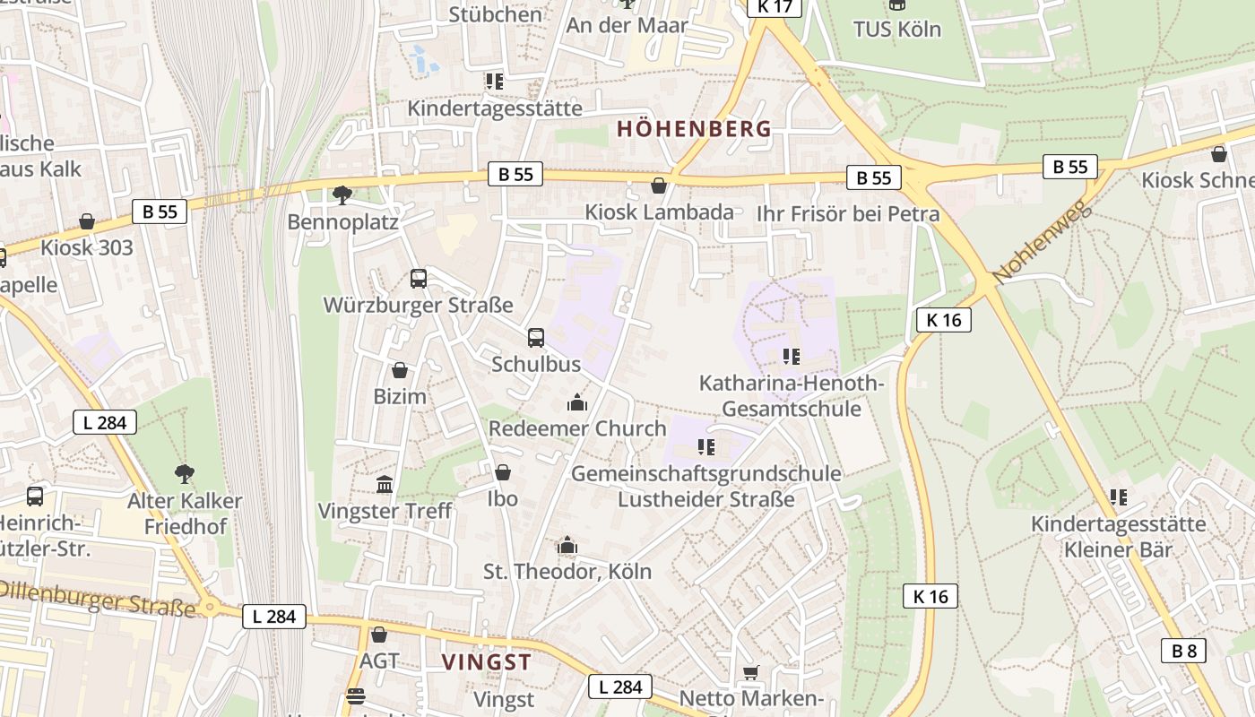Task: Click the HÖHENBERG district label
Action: pos(694,128)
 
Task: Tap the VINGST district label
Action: pos(487,662)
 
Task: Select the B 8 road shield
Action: pos(1183,651)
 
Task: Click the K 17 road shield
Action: pos(774,6)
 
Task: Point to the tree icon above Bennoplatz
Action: pos(342,194)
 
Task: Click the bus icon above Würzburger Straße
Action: pos(419,278)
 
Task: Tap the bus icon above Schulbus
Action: pos(535,338)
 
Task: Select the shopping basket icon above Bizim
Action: pos(400,369)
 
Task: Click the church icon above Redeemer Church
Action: pos(576,402)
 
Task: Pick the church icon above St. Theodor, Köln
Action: pos(567,545)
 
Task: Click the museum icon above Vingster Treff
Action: pos(385,485)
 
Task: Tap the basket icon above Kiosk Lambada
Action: pos(659,186)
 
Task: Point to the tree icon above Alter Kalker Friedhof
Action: pos(185,473)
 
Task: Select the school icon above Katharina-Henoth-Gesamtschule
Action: pos(791,357)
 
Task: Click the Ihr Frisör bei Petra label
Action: pos(847,213)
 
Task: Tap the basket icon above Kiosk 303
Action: pos(87,220)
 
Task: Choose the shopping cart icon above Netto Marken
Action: pos(750,672)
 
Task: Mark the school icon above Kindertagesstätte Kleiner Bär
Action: pos(1118,497)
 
